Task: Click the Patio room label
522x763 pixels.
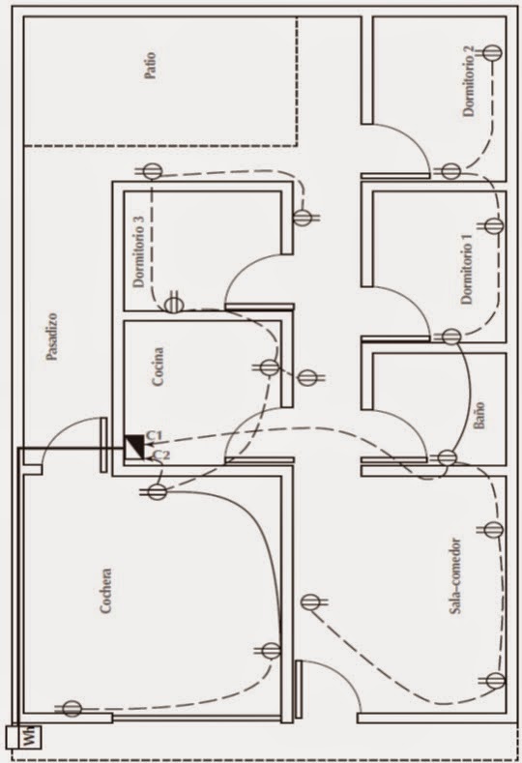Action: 151,66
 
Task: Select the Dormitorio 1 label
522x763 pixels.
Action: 467,269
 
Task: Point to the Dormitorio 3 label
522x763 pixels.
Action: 139,251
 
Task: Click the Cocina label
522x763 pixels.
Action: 158,367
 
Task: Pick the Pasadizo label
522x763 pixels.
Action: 52,337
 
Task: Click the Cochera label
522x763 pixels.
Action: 105,590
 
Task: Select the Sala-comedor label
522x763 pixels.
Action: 455,576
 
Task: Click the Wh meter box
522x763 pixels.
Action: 25,737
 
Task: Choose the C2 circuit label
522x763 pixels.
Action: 161,455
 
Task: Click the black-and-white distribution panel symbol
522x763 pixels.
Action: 134,447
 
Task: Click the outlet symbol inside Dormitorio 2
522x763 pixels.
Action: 492,53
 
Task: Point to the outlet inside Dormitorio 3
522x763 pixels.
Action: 172,304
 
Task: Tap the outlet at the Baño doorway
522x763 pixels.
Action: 446,458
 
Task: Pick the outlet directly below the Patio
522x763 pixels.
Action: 152,171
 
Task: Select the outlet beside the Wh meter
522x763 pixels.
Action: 71,709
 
